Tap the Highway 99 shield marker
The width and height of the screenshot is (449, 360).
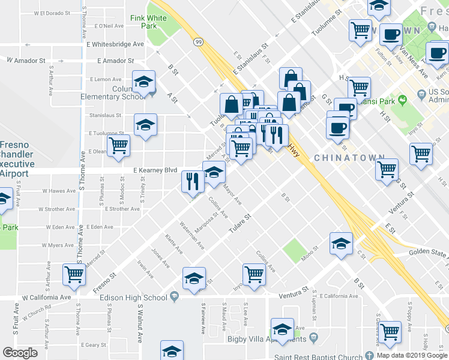[x=197, y=43]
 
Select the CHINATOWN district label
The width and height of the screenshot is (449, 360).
[x=349, y=158]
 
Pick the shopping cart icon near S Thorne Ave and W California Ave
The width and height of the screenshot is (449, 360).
[x=74, y=275]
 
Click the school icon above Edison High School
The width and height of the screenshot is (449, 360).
[x=194, y=280]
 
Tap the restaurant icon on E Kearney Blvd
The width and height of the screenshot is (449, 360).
[x=193, y=181]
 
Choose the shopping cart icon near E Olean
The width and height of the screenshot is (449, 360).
[x=118, y=145]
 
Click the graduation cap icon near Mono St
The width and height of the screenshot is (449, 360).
[x=340, y=244]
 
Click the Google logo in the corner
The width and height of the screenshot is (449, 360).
[x=20, y=353]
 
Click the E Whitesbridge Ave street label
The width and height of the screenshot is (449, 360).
[x=115, y=44]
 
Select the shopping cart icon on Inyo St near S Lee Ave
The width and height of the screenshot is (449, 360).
[x=255, y=275]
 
